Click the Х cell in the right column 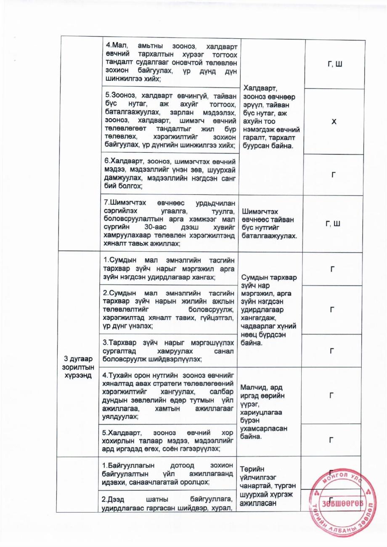[x=333, y=121]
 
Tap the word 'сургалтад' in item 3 [x=119, y=351]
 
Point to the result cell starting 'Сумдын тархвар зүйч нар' [x=272, y=310]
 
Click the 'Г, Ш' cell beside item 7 [x=333, y=223]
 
